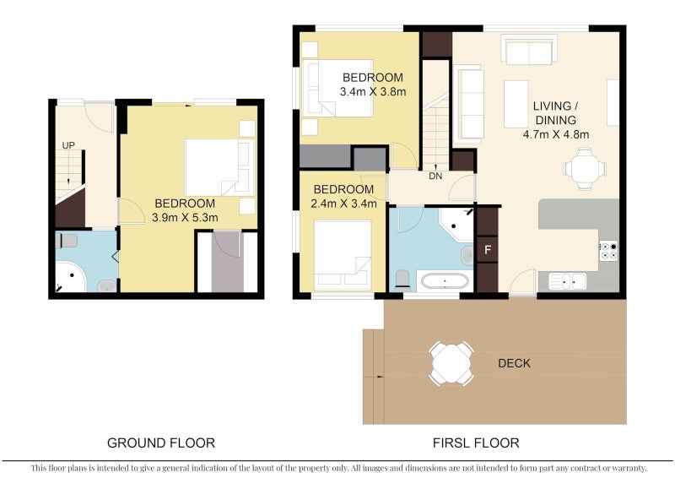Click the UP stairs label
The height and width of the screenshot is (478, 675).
[x=68, y=146]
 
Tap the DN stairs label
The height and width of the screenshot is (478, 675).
[x=435, y=176]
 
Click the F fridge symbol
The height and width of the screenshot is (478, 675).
[x=488, y=250]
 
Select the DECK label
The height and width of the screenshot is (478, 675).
[x=514, y=363]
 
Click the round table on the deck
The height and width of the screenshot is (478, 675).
[x=451, y=363]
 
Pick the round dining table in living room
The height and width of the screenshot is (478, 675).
[x=585, y=169]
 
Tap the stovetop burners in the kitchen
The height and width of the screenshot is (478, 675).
[x=609, y=251]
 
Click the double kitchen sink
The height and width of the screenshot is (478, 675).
[x=567, y=281]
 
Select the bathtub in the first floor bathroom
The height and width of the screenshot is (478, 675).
[x=445, y=282]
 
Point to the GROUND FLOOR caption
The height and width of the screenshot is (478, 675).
[x=161, y=443]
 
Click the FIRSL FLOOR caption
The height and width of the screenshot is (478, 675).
[x=476, y=443]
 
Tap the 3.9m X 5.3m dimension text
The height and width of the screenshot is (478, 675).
[x=185, y=218]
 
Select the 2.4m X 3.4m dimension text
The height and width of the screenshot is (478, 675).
[x=343, y=204]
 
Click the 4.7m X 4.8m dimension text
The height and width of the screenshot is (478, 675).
[x=556, y=134]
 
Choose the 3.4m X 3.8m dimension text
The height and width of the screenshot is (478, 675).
[x=373, y=92]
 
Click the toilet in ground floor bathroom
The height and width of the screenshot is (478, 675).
[x=66, y=241]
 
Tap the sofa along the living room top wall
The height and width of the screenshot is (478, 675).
[x=529, y=52]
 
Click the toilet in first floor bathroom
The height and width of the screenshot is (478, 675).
[x=402, y=280]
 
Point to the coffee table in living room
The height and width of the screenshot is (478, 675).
[x=516, y=104]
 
